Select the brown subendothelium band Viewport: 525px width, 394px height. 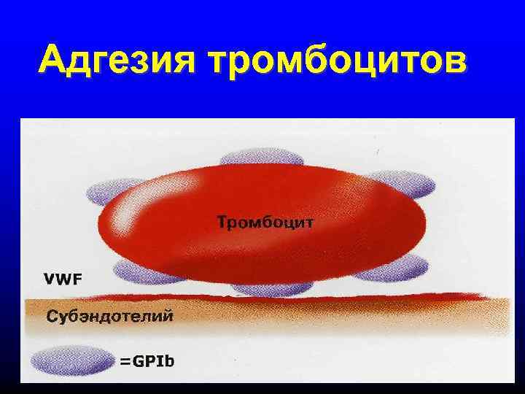(x=328, y=317)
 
